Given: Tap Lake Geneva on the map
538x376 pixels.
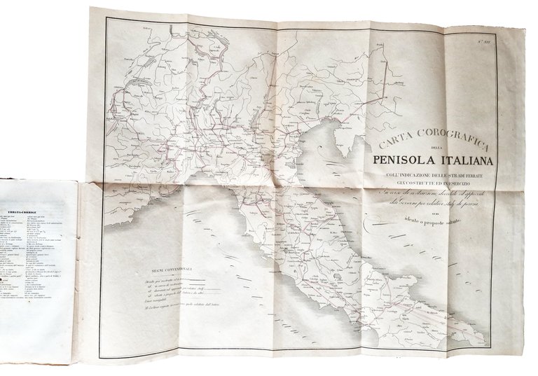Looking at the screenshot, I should (123, 97).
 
